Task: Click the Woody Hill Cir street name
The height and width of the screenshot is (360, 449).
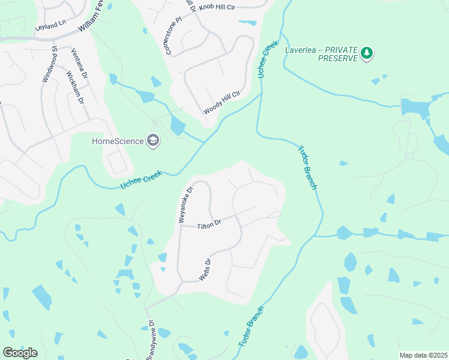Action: tap(221, 103)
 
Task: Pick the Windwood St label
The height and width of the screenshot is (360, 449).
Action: tap(49, 64)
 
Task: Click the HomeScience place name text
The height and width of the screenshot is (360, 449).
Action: tap(118, 141)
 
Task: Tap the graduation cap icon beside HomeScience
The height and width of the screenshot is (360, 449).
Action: tap(154, 141)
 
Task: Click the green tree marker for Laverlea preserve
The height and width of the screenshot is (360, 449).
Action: tap(367, 54)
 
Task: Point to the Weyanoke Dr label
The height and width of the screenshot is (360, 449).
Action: tap(185, 205)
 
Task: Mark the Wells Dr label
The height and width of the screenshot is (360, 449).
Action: tap(205, 270)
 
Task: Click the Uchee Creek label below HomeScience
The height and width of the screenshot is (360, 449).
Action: tap(142, 178)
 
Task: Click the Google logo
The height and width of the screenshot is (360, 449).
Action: tap(20, 352)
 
